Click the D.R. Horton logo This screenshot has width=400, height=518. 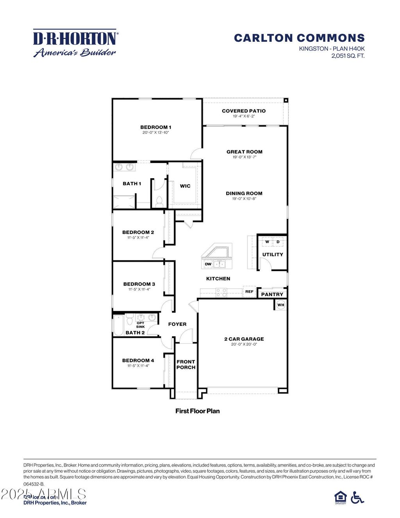click(x=75, y=43)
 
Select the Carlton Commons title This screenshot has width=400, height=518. click(x=299, y=38)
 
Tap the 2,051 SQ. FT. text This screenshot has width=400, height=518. click(x=348, y=56)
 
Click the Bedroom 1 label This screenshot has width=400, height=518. click(x=155, y=127)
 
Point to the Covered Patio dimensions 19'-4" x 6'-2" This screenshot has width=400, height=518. click(x=244, y=116)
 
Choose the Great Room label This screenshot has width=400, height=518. click(x=245, y=152)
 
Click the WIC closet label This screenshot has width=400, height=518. click(x=185, y=186)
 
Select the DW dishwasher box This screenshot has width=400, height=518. click(x=208, y=264)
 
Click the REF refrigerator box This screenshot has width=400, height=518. click(x=249, y=291)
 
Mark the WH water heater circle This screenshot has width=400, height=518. click(x=281, y=305)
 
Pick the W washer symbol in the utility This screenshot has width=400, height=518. click(x=267, y=242)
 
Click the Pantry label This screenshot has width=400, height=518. click(x=272, y=294)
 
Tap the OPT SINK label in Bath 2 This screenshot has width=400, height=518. click(x=140, y=325)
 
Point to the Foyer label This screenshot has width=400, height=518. click(x=177, y=324)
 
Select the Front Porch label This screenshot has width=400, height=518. click(x=186, y=364)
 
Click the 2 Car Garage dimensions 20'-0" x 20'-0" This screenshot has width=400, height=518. click(x=244, y=345)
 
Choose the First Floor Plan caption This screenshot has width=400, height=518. click(x=197, y=411)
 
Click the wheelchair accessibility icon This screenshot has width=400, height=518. click(x=357, y=497)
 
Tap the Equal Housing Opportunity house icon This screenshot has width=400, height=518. click(x=341, y=497)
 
